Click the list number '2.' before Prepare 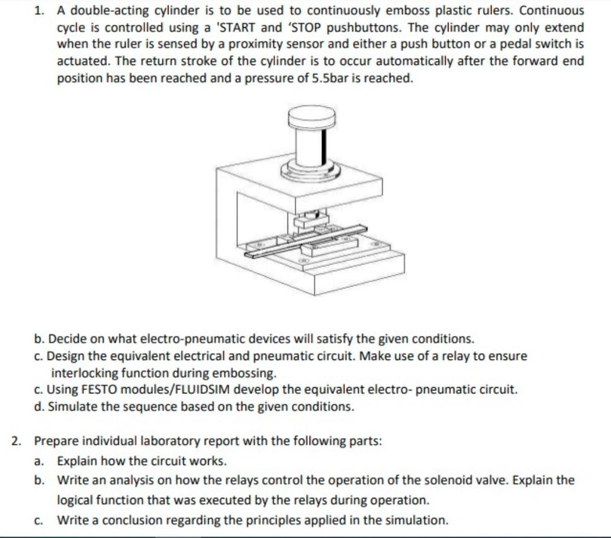coord(18,441)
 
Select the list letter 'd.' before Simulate coord(38,407)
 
